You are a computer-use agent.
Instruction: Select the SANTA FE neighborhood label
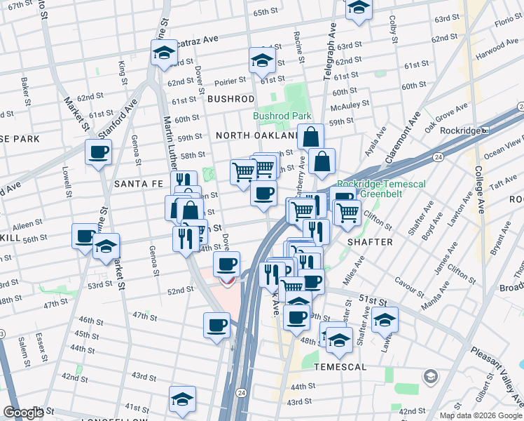137,183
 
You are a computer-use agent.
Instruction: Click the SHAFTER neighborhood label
371,241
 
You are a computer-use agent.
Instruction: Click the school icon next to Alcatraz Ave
163,53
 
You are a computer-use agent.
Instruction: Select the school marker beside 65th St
359,8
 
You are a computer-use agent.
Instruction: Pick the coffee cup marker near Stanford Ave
98,152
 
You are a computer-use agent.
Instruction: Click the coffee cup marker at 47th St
216,325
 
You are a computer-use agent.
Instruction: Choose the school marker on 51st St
385,320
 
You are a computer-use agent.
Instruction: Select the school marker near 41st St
182,401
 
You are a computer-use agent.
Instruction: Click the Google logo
23,413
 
